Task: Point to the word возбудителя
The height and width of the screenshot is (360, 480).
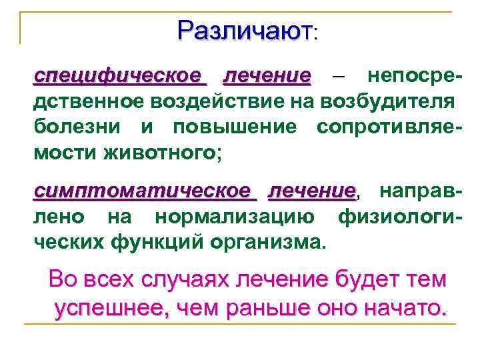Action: click(x=388, y=101)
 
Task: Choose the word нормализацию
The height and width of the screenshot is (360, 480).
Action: click(x=240, y=217)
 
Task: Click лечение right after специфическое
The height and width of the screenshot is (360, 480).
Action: click(x=267, y=75)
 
